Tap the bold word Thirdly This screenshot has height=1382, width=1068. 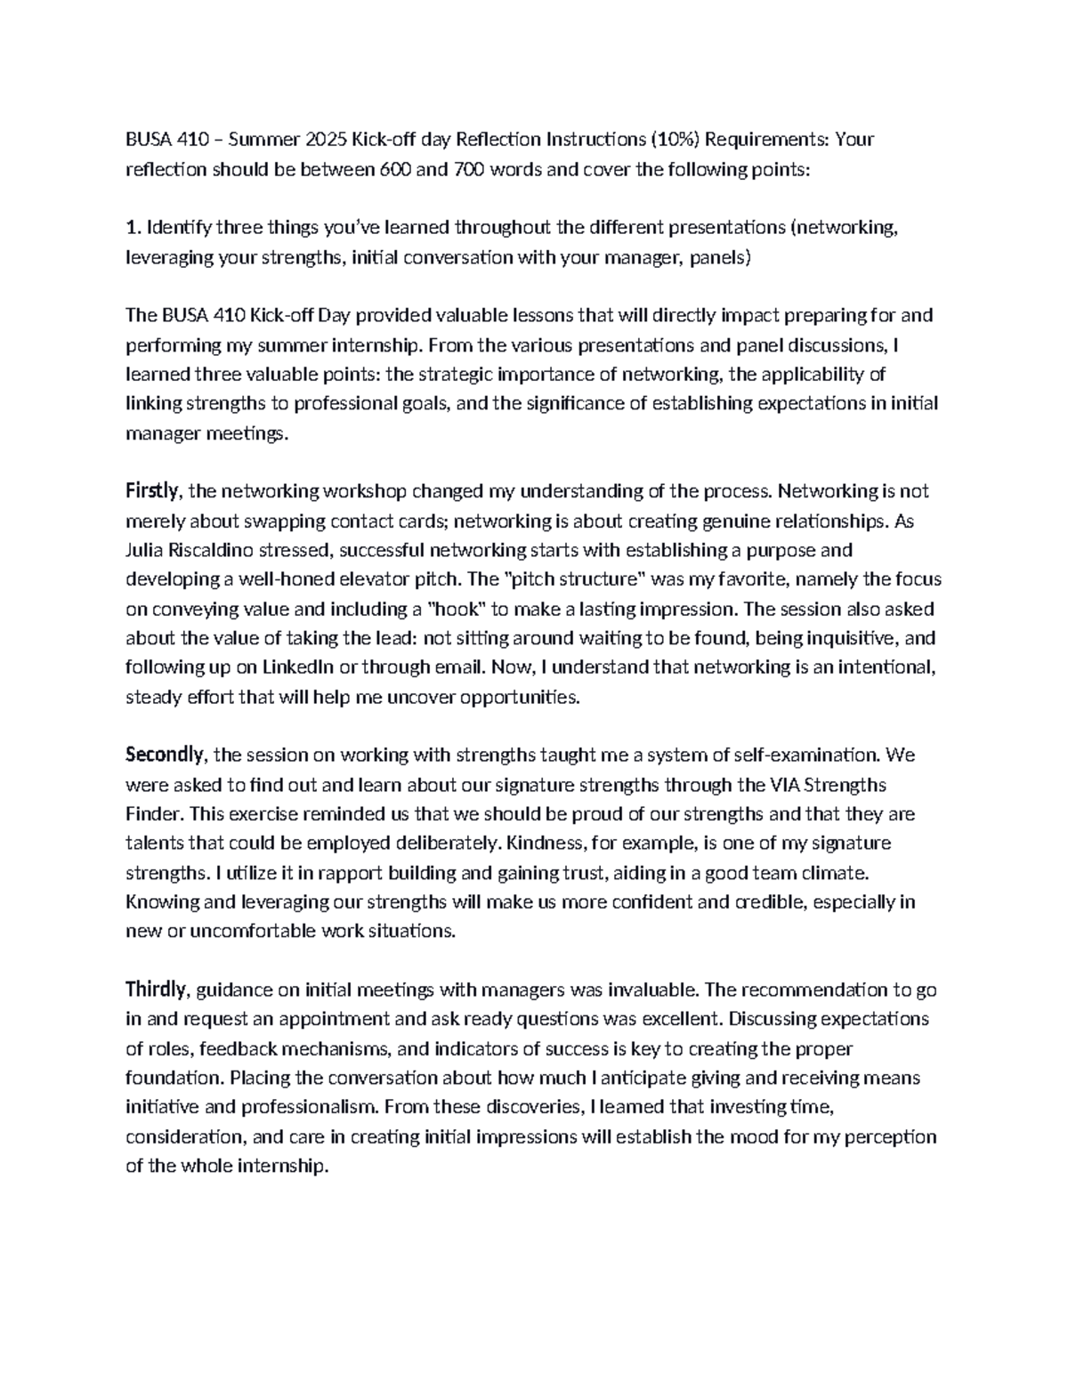[x=156, y=990]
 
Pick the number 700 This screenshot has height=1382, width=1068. [x=469, y=169]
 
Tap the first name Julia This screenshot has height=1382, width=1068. [x=146, y=550]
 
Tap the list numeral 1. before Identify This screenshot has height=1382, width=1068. [x=133, y=228]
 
